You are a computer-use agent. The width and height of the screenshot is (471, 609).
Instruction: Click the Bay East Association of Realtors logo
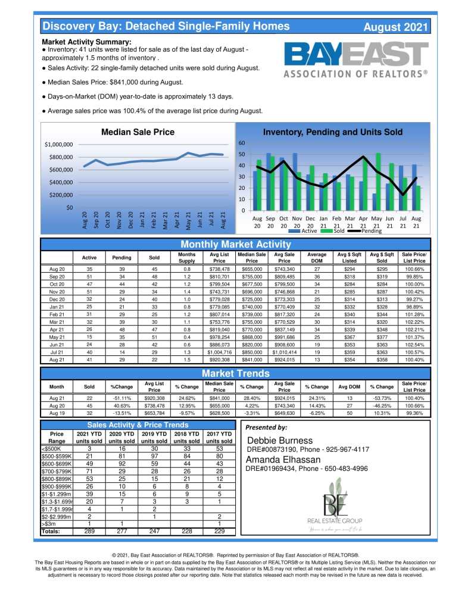pyautogui.click(x=355, y=61)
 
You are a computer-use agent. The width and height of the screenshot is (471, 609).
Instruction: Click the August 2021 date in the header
pyautogui.click(x=395, y=27)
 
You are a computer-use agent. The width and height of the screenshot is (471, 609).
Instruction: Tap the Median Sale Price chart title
pyautogui.click(x=138, y=132)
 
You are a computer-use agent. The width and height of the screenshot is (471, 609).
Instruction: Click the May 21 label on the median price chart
pyautogui.click(x=189, y=220)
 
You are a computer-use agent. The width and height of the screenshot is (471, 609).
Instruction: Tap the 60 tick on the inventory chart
pyautogui.click(x=242, y=143)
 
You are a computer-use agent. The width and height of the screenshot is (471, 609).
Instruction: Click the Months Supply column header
pyautogui.click(x=186, y=258)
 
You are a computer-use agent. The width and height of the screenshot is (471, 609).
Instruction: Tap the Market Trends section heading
pyautogui.click(x=235, y=374)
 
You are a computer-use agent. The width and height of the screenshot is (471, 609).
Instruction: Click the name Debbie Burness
pyautogui.click(x=279, y=441)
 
